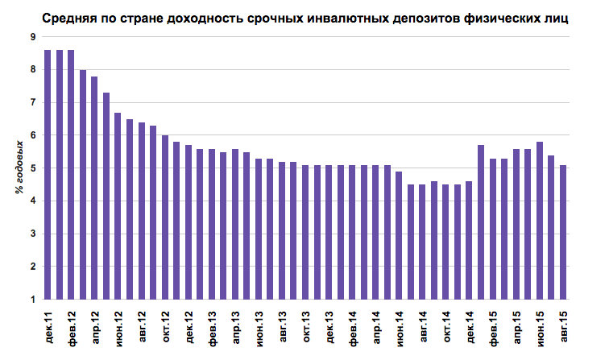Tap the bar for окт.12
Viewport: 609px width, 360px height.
(165, 217)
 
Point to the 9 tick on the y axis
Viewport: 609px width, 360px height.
(31, 37)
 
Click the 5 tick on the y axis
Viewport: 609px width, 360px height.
(31, 168)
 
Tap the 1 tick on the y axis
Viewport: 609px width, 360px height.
(31, 300)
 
